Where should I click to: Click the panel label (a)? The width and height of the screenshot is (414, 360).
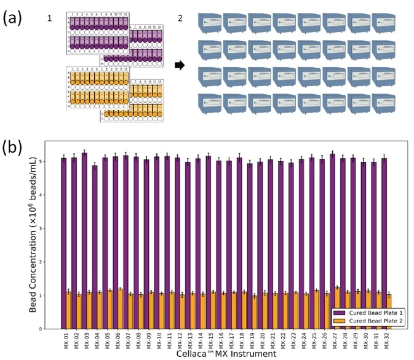pos(14,18)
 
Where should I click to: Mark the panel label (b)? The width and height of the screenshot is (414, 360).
pos(14,148)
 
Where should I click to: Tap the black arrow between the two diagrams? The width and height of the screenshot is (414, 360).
pos(177,64)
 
